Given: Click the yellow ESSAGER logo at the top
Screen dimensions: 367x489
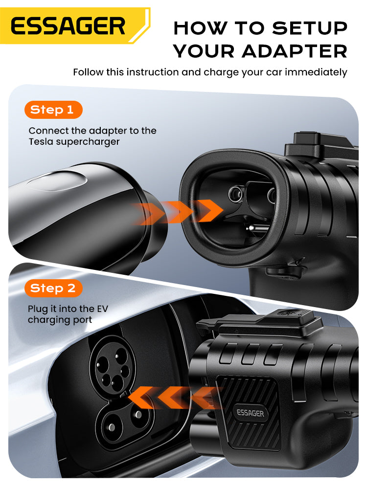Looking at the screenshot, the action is pyautogui.click(x=74, y=25).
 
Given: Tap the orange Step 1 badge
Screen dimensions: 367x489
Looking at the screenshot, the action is pyautogui.click(x=53, y=110).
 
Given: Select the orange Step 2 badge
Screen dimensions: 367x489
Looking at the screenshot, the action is pyautogui.click(x=53, y=288).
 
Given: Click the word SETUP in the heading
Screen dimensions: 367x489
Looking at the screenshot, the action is pyautogui.click(x=310, y=28).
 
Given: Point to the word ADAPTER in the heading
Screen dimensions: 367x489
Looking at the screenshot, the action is pyautogui.click(x=295, y=51).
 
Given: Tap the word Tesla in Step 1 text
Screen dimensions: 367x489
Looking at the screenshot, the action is pyautogui.click(x=41, y=142).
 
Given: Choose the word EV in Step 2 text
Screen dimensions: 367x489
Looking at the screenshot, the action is pyautogui.click(x=102, y=309).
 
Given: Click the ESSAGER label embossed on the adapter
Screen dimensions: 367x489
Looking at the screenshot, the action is pyautogui.click(x=250, y=413).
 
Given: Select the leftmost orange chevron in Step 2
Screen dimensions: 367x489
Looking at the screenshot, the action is pyautogui.click(x=141, y=397).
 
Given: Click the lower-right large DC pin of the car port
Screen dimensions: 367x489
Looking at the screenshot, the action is pyautogui.click(x=138, y=415).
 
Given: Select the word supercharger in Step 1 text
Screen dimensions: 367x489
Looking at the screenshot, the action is pyautogui.click(x=88, y=142).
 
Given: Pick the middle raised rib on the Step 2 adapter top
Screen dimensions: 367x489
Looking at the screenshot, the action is pyautogui.click(x=249, y=355).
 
